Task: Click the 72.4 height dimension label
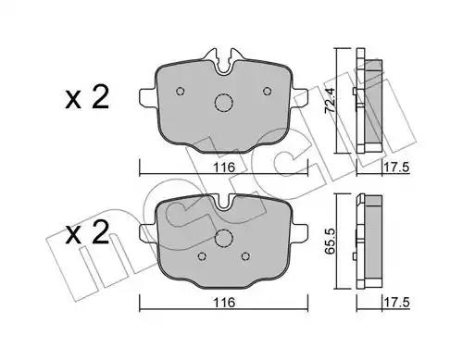click(330, 100)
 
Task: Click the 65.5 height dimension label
click(330, 242)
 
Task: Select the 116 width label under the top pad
click(224, 168)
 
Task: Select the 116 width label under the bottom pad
click(224, 303)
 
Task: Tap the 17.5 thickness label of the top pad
click(396, 168)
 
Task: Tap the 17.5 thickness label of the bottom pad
click(396, 303)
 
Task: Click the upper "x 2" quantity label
click(87, 97)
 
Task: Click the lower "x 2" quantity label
click(87, 232)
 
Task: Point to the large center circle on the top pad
click(223, 102)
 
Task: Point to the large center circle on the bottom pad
click(223, 238)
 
